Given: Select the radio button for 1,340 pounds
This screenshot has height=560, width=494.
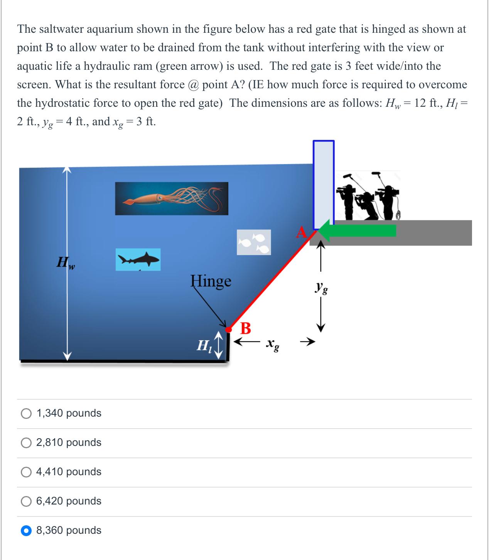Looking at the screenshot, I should pyautogui.click(x=26, y=414).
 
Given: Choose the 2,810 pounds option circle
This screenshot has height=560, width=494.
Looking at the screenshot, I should pyautogui.click(x=26, y=443).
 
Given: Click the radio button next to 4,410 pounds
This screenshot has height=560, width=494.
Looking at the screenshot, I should pyautogui.click(x=26, y=472).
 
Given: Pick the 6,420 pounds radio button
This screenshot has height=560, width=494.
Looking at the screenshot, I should pyautogui.click(x=26, y=501).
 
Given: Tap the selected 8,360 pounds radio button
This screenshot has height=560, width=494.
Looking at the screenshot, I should pyautogui.click(x=26, y=531).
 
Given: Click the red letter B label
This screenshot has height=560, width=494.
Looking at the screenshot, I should pyautogui.click(x=245, y=328).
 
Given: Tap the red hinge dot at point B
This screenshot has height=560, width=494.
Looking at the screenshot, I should pyautogui.click(x=228, y=330).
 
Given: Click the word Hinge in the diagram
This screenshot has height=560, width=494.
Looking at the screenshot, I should pyautogui.click(x=211, y=281).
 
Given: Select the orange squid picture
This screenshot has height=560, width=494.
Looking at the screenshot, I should pyautogui.click(x=171, y=198).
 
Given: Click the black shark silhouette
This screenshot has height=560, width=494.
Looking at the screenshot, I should pyautogui.click(x=138, y=259).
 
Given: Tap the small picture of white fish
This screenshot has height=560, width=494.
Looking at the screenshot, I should pyautogui.click(x=253, y=242).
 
